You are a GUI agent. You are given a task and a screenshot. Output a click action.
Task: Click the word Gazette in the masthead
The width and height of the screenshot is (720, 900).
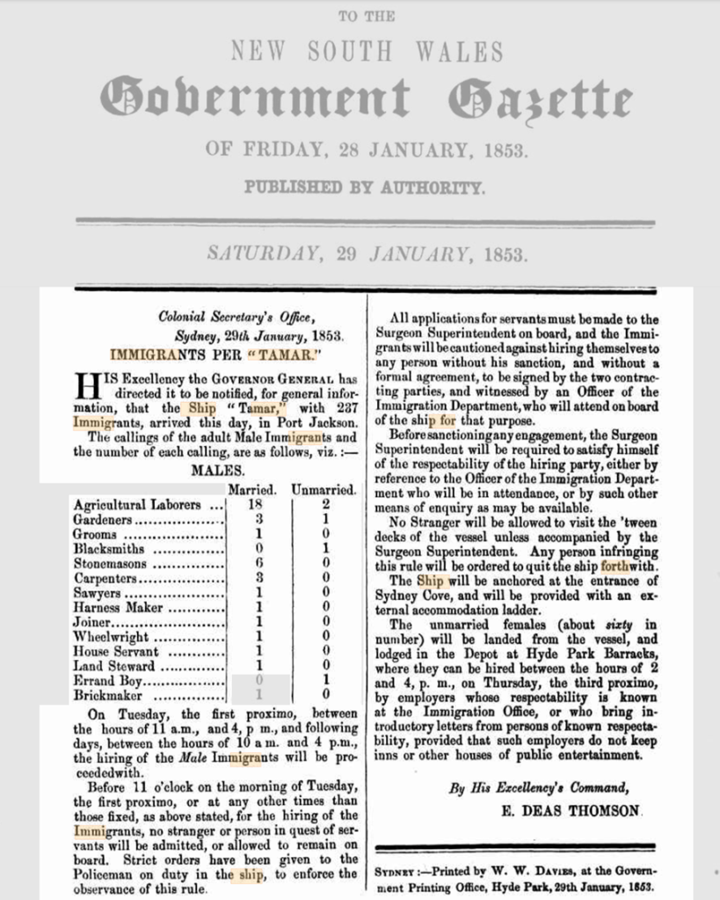point(539,98)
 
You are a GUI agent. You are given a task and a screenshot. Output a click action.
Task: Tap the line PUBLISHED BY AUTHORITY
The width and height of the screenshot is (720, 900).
point(364,187)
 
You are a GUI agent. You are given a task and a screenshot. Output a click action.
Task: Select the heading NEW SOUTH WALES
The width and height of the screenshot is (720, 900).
point(367,51)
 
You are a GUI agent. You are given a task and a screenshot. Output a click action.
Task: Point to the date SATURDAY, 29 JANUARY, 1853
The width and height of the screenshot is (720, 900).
point(367,254)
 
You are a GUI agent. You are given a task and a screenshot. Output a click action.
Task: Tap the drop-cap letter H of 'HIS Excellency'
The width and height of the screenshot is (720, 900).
point(88,385)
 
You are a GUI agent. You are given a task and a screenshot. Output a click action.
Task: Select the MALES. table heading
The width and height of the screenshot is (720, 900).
point(216,471)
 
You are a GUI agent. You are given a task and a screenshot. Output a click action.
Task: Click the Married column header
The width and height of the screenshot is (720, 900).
point(252,489)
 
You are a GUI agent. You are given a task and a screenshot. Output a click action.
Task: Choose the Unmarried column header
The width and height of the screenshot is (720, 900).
point(324,489)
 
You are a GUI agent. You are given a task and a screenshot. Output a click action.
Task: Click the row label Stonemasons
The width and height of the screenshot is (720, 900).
point(110,564)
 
